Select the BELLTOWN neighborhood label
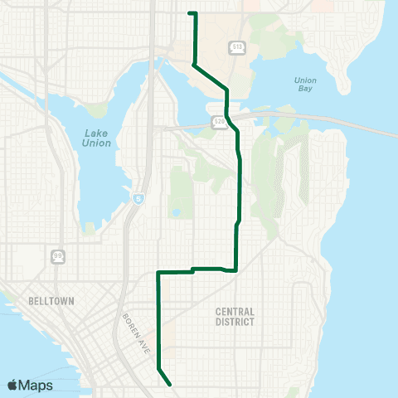coord(52,302)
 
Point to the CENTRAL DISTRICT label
coord(235,317)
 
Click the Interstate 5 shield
coord(137,198)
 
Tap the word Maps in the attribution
coord(36,384)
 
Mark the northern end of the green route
coord(191,13)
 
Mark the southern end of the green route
coord(170,385)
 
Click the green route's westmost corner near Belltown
coord(158,272)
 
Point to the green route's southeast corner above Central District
coord(236,269)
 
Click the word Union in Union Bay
coord(305,80)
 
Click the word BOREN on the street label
coord(129,324)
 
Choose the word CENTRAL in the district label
coord(235,312)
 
